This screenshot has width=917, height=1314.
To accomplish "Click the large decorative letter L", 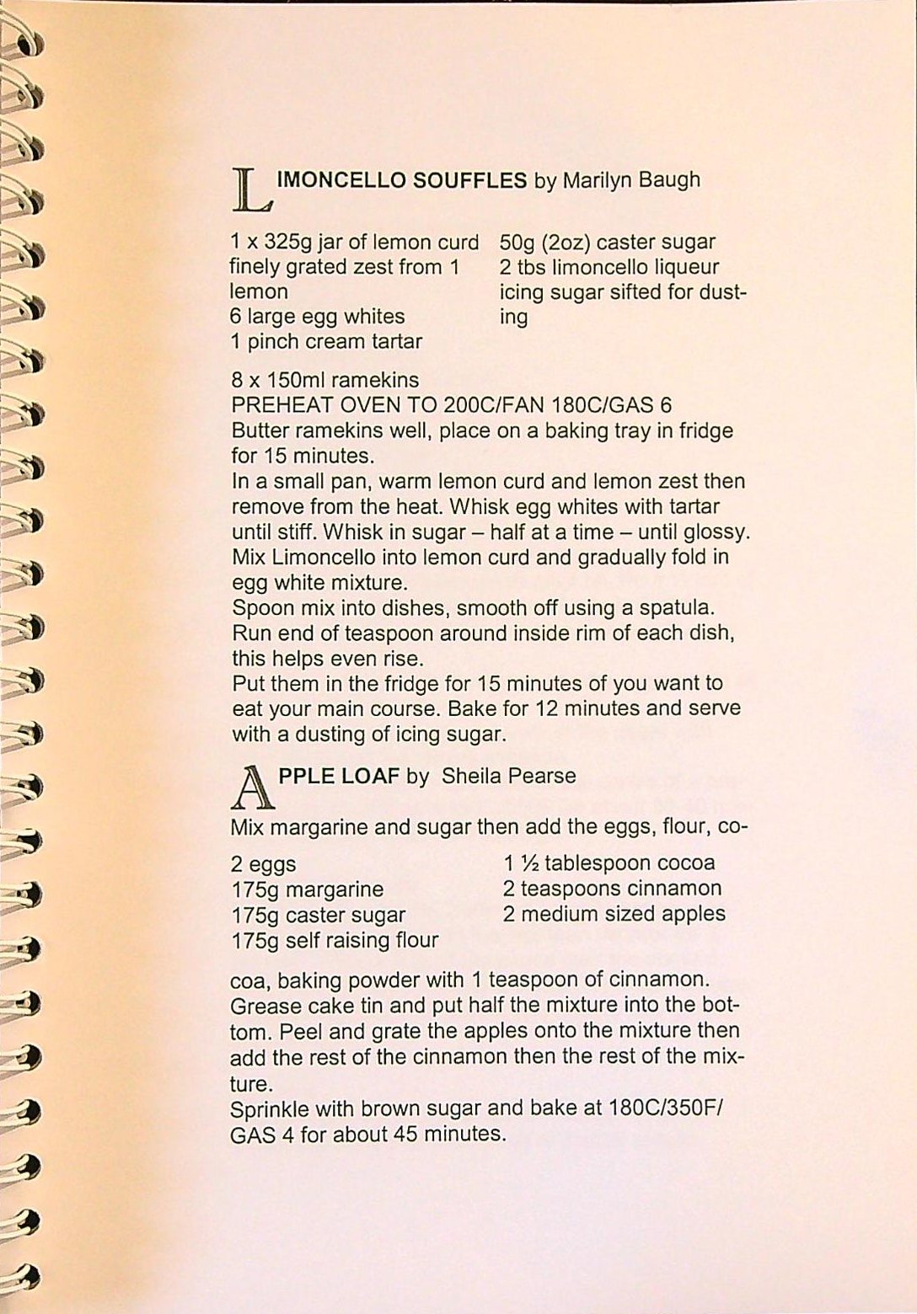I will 250,189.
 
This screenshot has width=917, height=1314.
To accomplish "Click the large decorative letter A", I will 251,786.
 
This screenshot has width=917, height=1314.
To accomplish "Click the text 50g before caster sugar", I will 517,243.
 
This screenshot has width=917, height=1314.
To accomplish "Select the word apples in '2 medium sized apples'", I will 694,914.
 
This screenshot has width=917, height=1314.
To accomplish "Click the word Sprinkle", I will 269,1108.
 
